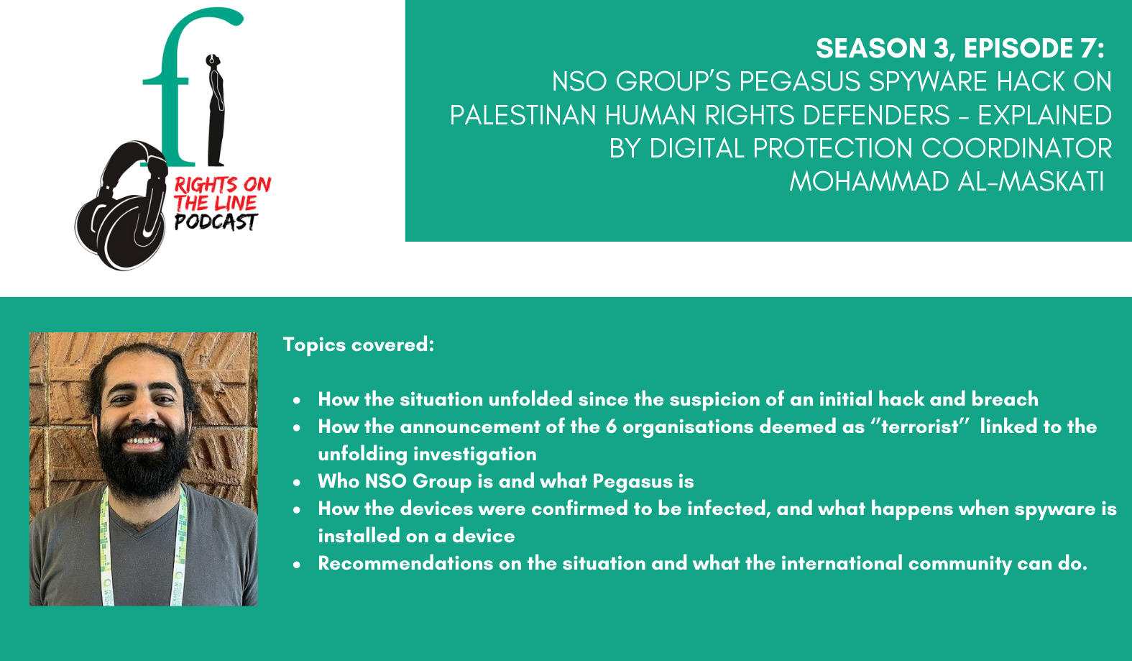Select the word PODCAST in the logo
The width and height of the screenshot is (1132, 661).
216,222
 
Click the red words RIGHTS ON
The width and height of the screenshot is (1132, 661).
223,185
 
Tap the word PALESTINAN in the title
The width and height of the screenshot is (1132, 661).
523,115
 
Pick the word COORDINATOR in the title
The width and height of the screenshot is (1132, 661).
1016,149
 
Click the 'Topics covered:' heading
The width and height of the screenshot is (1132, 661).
359,345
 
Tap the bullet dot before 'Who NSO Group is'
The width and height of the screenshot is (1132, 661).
297,483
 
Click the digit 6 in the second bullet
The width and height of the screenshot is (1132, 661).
611,427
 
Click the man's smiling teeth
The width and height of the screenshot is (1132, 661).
143,440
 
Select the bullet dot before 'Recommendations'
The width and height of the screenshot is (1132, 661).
297,565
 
